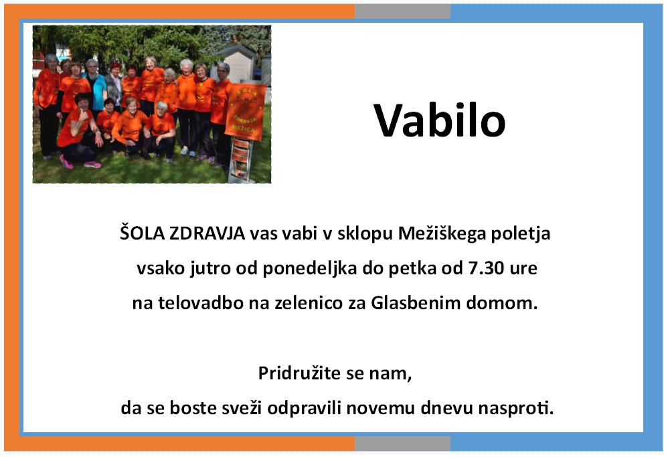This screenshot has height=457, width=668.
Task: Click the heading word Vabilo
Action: (439, 120)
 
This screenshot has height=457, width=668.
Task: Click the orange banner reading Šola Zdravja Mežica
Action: (246, 112)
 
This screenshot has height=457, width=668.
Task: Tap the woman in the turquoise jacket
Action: (96, 86)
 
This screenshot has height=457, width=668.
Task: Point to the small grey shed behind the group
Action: (237, 63)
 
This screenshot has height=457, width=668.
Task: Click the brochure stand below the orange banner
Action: (240, 161)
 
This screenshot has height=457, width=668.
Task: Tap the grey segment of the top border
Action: (402, 11)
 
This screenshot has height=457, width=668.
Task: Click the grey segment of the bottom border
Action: (402, 443)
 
